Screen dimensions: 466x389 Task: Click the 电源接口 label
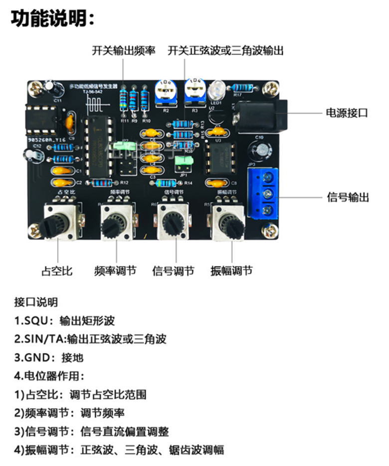click(x=346, y=113)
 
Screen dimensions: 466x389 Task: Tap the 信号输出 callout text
click(x=348, y=197)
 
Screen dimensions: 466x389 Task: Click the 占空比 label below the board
click(x=56, y=271)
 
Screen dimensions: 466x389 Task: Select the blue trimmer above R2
click(x=165, y=92)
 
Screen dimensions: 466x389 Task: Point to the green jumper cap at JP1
click(x=186, y=161)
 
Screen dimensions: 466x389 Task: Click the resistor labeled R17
click(x=242, y=88)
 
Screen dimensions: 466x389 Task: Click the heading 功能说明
click(x=52, y=19)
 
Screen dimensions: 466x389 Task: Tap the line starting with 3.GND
click(x=48, y=357)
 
